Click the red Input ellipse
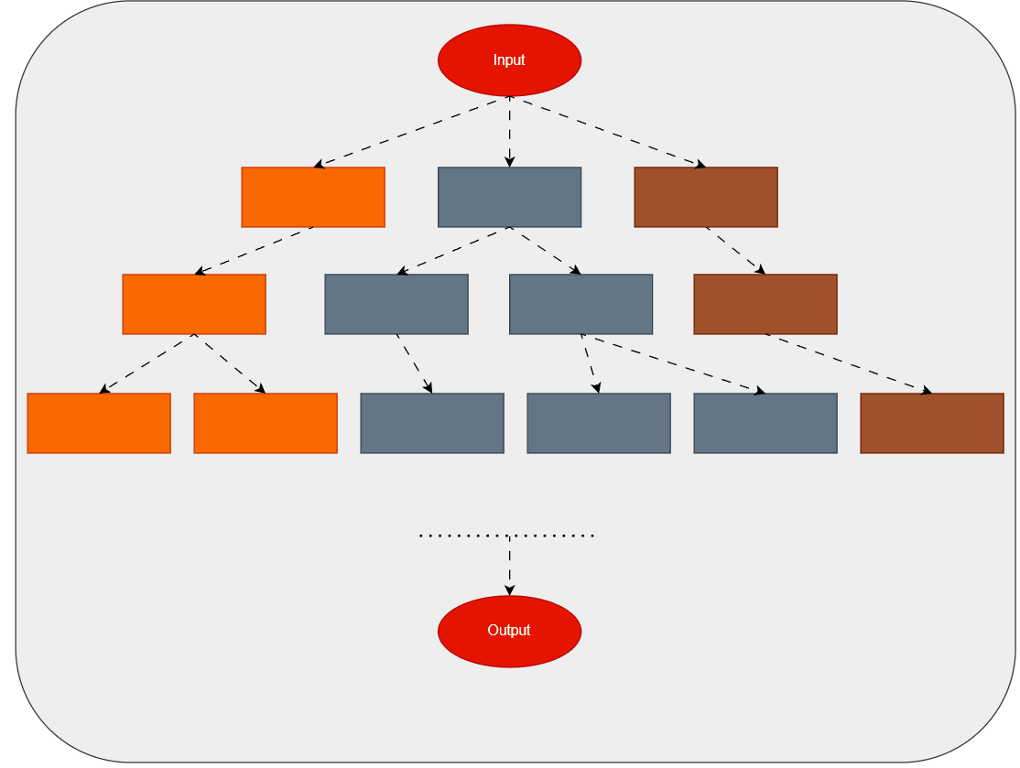509,60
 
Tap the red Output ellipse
509,631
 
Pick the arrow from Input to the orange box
411,132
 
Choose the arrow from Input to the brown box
607,132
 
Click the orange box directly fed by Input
313,197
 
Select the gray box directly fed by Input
509,197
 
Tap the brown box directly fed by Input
705,197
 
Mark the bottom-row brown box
931,423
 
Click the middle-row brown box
765,304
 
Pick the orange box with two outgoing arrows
194,304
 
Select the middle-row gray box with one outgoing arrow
396,304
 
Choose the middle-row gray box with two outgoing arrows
581,304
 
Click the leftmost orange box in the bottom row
99,423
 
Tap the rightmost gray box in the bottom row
765,423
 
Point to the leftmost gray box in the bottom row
432,423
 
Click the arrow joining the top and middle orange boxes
254,250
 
